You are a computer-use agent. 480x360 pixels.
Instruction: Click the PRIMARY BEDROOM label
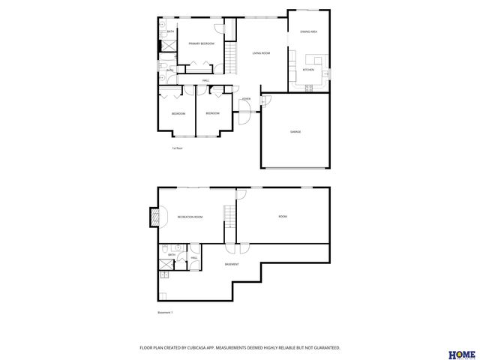click(201, 44)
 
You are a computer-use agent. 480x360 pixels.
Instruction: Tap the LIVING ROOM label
click(261, 53)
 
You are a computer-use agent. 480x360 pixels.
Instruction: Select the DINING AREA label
click(308, 32)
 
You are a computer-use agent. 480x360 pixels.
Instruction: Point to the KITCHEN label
click(308, 70)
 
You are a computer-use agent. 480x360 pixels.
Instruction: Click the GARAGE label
click(295, 132)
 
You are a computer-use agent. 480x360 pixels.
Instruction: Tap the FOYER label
click(245, 99)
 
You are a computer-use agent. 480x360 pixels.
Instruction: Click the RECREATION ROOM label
click(190, 217)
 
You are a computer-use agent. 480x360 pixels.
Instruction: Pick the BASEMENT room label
click(232, 264)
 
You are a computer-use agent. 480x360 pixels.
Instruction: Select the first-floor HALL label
click(205, 80)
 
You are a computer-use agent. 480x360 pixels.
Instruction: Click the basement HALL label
click(193, 258)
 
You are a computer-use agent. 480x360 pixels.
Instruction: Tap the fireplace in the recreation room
click(156, 217)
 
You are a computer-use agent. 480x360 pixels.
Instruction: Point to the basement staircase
click(229, 217)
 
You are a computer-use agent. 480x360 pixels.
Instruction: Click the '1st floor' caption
click(178, 148)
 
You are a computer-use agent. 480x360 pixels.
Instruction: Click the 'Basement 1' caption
click(165, 313)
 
